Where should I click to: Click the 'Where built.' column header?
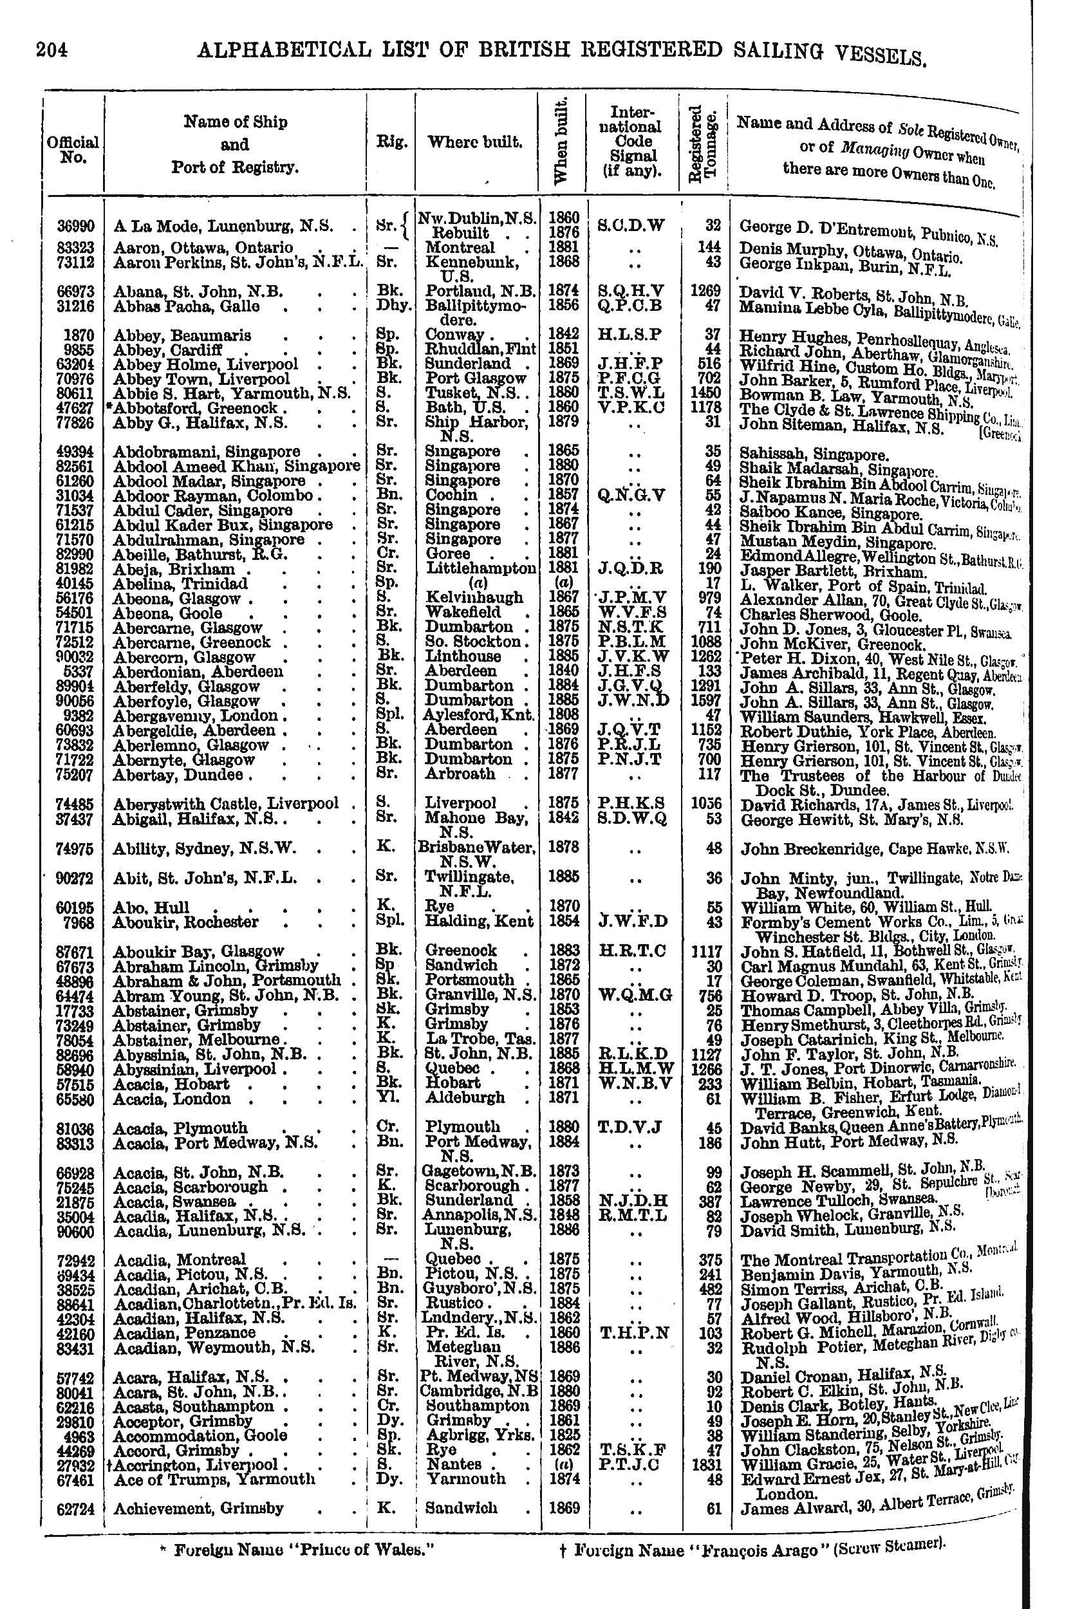pyautogui.click(x=475, y=143)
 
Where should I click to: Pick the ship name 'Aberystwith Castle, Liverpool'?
pyautogui.click(x=225, y=804)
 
